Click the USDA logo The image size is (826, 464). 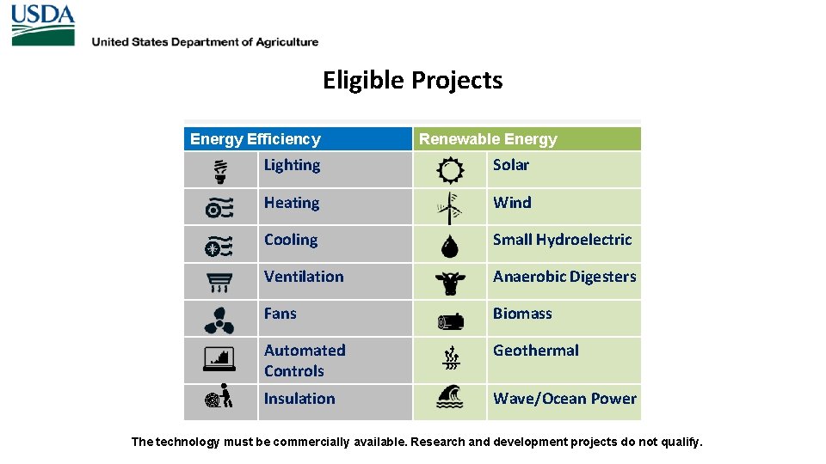(x=43, y=25)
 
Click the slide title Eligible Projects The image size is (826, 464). (x=412, y=80)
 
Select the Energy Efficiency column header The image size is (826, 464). (x=255, y=139)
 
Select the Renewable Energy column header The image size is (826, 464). (x=488, y=139)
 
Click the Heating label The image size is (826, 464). (x=292, y=203)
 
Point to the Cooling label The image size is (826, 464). (x=291, y=240)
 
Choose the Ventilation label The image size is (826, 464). (x=304, y=277)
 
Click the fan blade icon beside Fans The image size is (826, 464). (x=219, y=320)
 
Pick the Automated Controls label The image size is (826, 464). (x=305, y=361)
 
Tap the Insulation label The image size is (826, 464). (x=299, y=399)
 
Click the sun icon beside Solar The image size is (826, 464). (x=450, y=171)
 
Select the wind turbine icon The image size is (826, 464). (x=448, y=208)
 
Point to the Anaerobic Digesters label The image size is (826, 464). (x=564, y=277)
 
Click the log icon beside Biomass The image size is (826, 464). (x=450, y=321)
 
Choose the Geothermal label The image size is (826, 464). (x=535, y=351)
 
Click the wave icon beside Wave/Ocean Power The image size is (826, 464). (x=450, y=396)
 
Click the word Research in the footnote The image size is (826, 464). (x=440, y=443)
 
